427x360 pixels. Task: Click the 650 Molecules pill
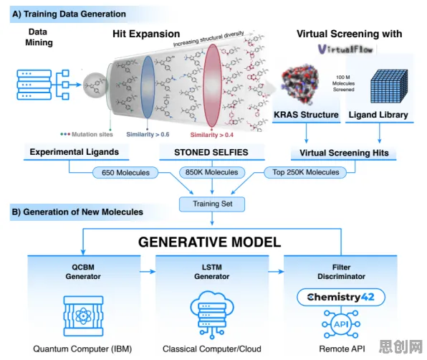[x=125, y=173]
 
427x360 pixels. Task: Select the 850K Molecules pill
[x=212, y=172]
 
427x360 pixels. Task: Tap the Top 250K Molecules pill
[x=305, y=172]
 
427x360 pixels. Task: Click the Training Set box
[x=212, y=204]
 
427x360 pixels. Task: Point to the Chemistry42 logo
[x=341, y=297]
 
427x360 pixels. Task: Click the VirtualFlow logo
[x=345, y=49]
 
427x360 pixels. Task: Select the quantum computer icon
[x=83, y=316]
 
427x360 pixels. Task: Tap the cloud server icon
[x=212, y=315]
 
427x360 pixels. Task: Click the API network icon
[x=341, y=324]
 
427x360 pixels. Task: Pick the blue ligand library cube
[x=389, y=86]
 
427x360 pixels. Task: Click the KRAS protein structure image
[x=299, y=84]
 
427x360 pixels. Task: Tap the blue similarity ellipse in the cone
[x=148, y=87]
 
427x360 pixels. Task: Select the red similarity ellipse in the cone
[x=212, y=85]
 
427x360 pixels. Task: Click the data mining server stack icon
[x=34, y=85]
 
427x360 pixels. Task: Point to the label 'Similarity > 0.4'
[x=211, y=135]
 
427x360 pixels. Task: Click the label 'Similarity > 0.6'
[x=148, y=134]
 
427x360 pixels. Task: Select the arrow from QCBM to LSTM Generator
[x=148, y=271]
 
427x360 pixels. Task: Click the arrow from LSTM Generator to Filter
[x=276, y=271]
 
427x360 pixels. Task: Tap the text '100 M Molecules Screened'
[x=343, y=83]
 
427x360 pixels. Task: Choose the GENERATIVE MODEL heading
[x=209, y=242]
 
